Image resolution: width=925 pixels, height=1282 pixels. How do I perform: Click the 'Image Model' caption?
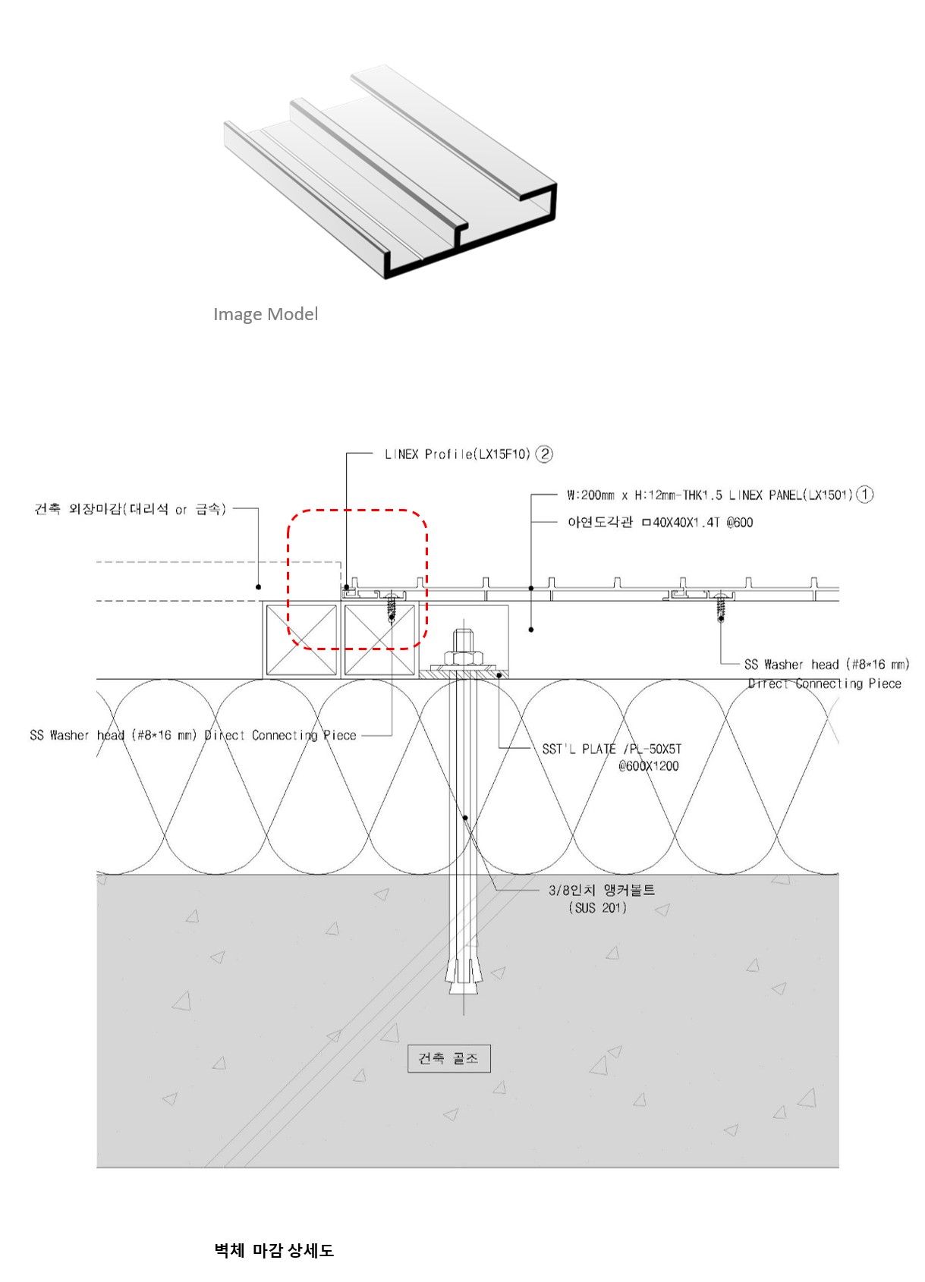pyautogui.click(x=265, y=314)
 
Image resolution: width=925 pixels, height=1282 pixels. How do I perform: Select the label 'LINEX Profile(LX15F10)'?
pyautogui.click(x=457, y=454)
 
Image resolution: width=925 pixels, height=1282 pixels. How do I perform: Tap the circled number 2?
pyautogui.click(x=544, y=454)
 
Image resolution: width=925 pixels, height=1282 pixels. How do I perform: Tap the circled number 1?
pyautogui.click(x=864, y=495)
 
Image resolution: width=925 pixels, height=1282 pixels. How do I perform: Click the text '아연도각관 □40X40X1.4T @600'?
pyautogui.click(x=659, y=523)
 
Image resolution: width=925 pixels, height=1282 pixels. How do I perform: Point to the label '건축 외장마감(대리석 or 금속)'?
pyautogui.click(x=130, y=509)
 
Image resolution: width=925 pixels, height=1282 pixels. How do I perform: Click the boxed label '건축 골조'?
pyautogui.click(x=448, y=1058)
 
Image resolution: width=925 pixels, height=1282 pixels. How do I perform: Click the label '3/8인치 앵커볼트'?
pyautogui.click(x=601, y=890)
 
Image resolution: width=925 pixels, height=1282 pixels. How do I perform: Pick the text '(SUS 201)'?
pyautogui.click(x=598, y=908)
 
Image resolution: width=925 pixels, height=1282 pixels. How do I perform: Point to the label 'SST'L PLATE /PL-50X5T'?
pyautogui.click(x=612, y=749)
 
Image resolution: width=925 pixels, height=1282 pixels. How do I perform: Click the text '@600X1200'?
pyautogui.click(x=648, y=766)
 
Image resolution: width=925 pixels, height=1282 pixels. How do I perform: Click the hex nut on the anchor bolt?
pyautogui.click(x=464, y=656)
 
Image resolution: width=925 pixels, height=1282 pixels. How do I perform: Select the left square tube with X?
pyautogui.click(x=301, y=639)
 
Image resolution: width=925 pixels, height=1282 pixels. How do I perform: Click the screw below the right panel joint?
pyautogui.click(x=720, y=607)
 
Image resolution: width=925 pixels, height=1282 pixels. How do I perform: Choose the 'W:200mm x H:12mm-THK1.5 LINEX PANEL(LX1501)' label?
pyautogui.click(x=709, y=495)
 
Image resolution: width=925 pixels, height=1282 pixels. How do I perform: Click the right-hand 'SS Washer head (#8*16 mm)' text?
pyautogui.click(x=826, y=665)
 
